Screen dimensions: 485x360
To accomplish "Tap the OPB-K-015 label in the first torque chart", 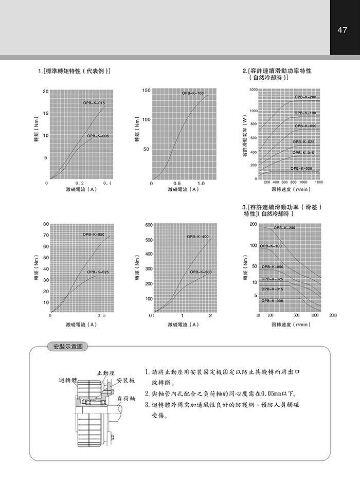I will point(94,103).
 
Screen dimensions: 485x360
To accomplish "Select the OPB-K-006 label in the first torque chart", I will point(98,136).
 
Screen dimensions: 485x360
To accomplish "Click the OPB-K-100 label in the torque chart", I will point(193,93).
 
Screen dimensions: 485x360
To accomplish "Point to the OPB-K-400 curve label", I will point(197,237).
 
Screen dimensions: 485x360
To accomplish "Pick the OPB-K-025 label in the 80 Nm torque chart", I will point(98,272).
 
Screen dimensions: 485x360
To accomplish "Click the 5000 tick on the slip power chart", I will point(252,89).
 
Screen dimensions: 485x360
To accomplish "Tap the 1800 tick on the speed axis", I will point(319,182).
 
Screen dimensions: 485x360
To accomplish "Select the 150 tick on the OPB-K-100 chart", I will point(147,91).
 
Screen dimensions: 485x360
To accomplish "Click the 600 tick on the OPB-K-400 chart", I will point(149,225).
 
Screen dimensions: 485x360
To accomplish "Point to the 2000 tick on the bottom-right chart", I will point(333,315).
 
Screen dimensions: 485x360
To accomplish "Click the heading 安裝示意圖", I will point(67,347).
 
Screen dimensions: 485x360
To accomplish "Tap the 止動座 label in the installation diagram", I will point(105,372).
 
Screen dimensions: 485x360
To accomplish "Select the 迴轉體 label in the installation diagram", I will point(67,380).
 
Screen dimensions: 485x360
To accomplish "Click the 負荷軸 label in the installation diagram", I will point(127,399).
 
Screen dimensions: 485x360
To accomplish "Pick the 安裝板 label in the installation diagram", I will point(126,380).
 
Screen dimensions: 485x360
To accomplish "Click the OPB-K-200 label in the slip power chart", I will point(305,97).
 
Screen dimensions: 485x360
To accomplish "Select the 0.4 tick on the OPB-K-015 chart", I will point(107,183).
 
